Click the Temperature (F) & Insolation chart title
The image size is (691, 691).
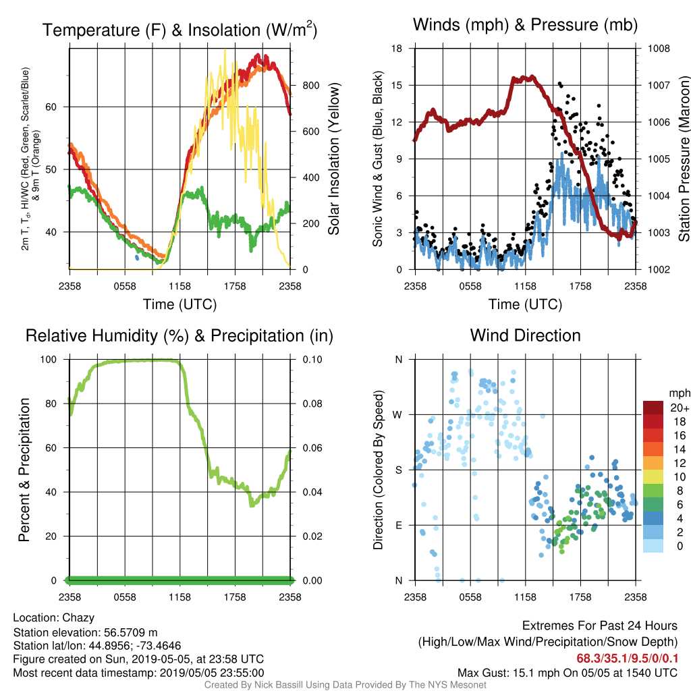click(179, 30)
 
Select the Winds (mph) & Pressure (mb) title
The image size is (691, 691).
click(525, 25)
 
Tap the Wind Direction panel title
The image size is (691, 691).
click(525, 335)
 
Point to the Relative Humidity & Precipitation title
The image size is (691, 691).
click(179, 336)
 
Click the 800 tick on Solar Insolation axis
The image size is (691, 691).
click(310, 86)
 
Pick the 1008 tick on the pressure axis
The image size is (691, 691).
click(659, 49)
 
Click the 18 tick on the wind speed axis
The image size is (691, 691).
click(397, 49)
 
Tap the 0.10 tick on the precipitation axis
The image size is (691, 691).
click(312, 360)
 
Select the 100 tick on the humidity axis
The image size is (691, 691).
click(49, 360)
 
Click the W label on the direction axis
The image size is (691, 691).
click(397, 415)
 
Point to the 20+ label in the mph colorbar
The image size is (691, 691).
click(680, 408)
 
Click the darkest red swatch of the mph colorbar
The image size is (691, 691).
click(653, 408)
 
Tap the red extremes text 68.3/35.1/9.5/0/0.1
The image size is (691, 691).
click(627, 659)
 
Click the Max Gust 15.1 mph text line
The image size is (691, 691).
click(567, 673)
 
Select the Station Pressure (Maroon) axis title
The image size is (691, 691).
click(684, 159)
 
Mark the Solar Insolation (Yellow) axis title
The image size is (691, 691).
click(334, 159)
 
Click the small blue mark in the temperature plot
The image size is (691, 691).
click(136, 257)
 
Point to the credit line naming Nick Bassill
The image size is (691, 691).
click(345, 685)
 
